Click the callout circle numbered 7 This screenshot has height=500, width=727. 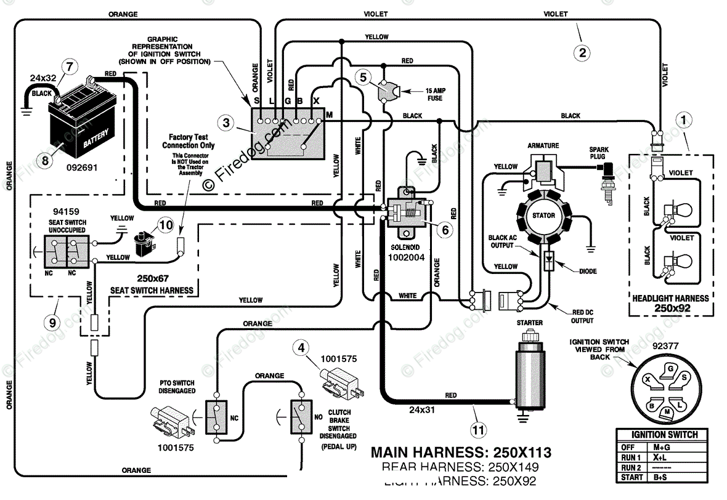click(x=70, y=66)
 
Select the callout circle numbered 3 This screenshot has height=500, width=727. click(x=227, y=123)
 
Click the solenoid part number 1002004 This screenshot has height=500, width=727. click(x=406, y=257)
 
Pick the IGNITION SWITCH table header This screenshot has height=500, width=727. click(x=661, y=435)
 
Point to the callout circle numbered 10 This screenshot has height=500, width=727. click(x=164, y=225)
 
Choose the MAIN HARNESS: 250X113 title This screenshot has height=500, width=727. click(x=460, y=453)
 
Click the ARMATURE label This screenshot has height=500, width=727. click(x=543, y=146)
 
